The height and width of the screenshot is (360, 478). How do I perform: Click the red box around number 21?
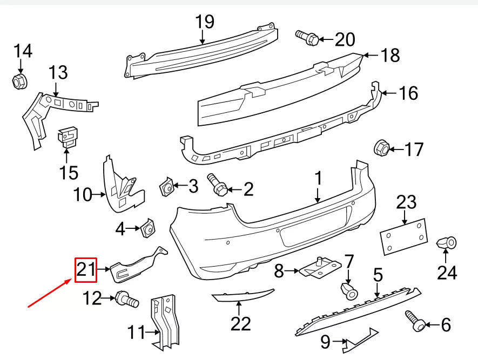click(x=86, y=269)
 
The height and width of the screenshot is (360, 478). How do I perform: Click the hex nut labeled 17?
click(x=382, y=147)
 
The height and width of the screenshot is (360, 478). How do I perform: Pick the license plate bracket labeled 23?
click(x=403, y=237)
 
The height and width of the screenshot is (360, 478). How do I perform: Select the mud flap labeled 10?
click(x=122, y=185)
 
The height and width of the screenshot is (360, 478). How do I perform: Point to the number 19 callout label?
click(x=205, y=22)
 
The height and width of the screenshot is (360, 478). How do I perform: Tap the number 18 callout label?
click(x=390, y=55)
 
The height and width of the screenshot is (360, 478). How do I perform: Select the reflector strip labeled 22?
click(x=243, y=295)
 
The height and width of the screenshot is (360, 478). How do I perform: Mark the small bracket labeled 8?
click(x=319, y=267)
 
